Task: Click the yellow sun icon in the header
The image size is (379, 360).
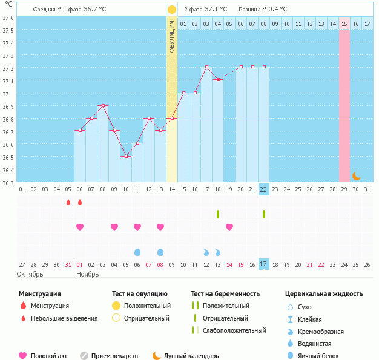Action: (172, 10)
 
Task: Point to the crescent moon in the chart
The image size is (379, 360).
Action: (357, 175)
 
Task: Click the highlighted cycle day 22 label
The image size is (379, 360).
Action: (264, 189)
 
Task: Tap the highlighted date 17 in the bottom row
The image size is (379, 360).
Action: (264, 264)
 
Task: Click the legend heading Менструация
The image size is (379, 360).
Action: (39, 294)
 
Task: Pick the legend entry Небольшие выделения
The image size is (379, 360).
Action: (64, 318)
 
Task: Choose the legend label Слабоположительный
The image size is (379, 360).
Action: (234, 330)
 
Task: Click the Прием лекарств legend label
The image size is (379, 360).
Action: (114, 356)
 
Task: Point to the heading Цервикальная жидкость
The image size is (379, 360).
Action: (324, 294)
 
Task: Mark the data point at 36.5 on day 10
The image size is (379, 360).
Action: (126, 156)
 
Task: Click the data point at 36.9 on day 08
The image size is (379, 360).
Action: (103, 105)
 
